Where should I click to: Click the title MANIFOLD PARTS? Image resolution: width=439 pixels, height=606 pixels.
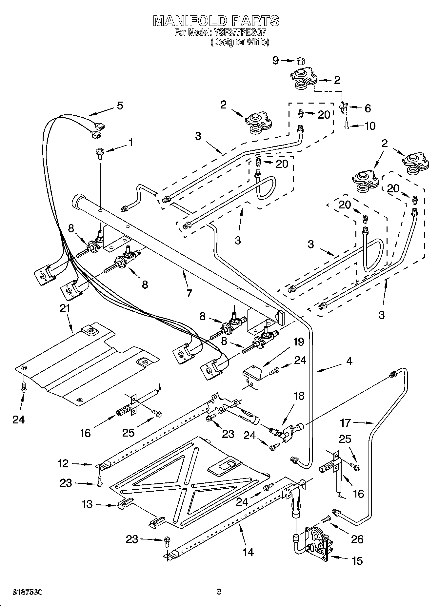216,21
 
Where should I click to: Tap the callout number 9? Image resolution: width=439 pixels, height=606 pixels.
276,60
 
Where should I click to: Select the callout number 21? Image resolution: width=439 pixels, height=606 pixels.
65,308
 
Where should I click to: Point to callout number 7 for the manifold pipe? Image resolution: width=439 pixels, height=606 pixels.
189,293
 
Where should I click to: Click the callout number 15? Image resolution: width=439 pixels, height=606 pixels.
357,561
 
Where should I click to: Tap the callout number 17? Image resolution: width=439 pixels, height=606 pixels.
346,423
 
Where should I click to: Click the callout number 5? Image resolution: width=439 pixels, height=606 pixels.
120,106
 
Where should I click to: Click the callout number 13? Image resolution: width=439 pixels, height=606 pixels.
87,504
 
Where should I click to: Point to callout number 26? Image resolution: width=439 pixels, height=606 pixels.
357,539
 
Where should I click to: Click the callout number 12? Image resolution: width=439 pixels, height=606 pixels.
63,463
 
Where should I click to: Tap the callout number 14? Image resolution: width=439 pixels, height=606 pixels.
248,552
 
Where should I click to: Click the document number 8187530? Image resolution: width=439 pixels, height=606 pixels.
28,592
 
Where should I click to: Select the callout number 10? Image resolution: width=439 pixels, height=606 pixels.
370,126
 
